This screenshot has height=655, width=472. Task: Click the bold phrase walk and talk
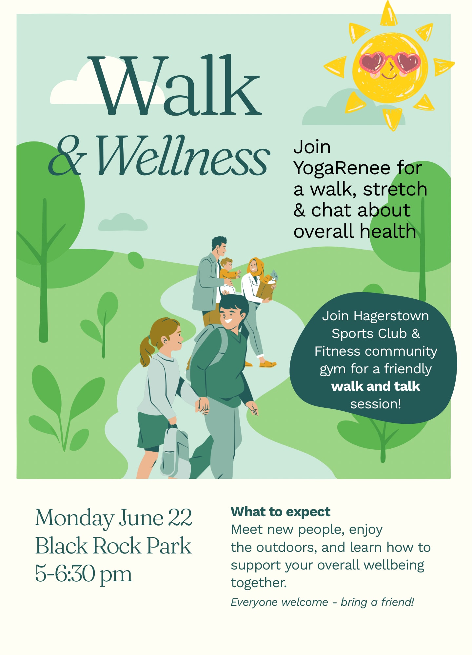pyautogui.click(x=376, y=386)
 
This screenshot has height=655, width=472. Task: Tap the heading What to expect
pyautogui.click(x=281, y=512)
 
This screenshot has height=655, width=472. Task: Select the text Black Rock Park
pyautogui.click(x=113, y=546)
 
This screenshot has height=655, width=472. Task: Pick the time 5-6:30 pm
pyautogui.click(x=84, y=574)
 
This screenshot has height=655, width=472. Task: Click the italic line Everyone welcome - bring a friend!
pyautogui.click(x=323, y=602)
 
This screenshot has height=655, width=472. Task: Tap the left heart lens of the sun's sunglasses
pyautogui.click(x=372, y=62)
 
